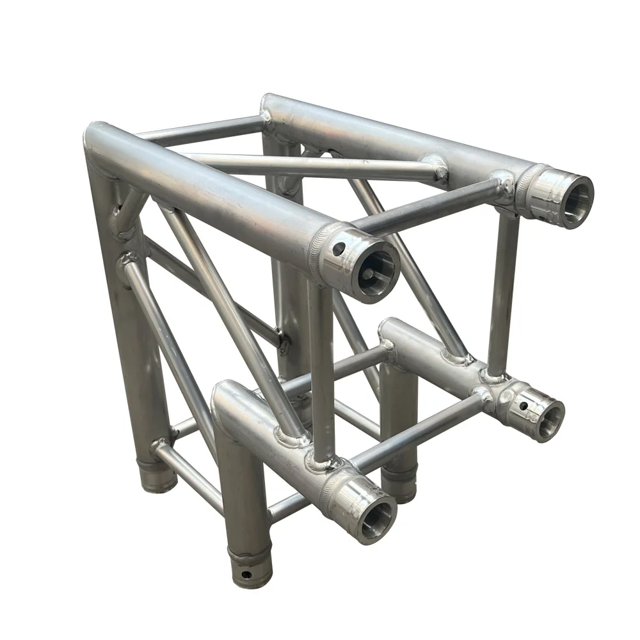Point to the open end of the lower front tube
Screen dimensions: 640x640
tap(374, 515)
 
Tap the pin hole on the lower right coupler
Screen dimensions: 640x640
tap(523, 405)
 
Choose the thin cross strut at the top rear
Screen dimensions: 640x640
tap(202, 128)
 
